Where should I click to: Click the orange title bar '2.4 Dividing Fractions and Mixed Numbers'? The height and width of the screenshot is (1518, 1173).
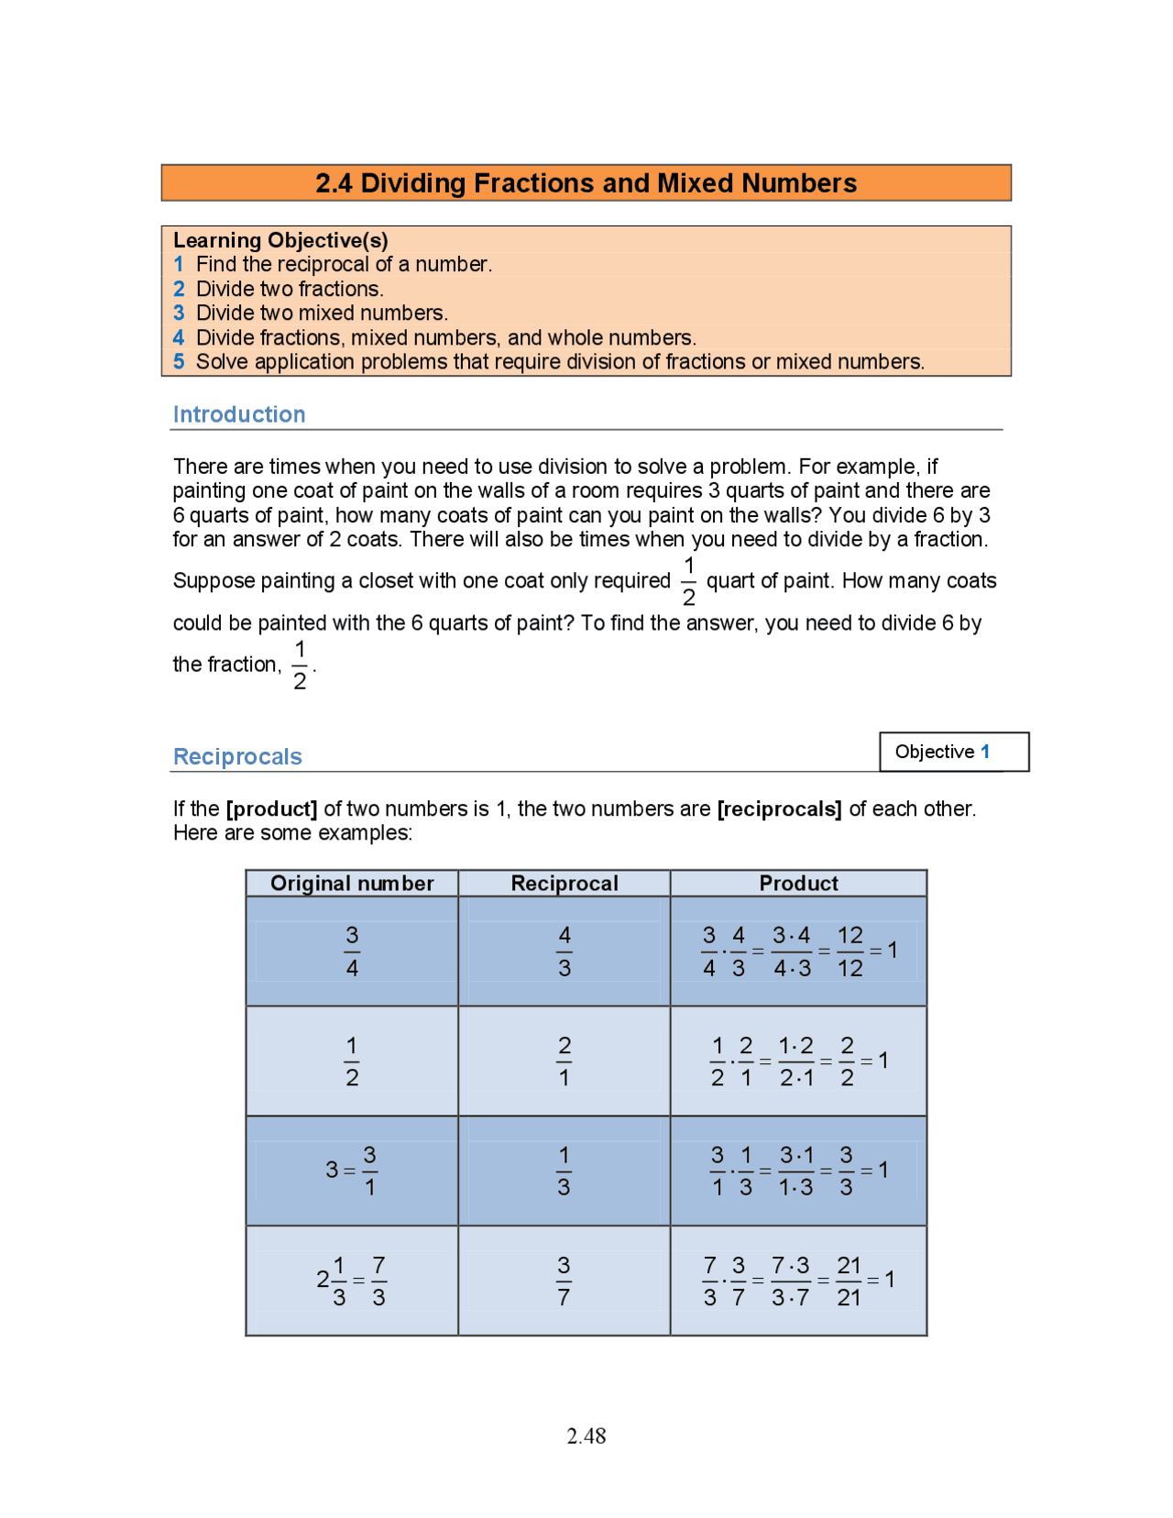586,183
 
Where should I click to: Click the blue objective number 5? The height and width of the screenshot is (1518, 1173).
179,362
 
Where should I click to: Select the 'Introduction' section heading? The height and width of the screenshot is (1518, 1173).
239,414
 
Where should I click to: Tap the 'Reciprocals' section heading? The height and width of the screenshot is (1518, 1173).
237,756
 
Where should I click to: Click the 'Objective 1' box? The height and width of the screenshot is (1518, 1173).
953,752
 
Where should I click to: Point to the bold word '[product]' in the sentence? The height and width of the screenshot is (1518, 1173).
271,808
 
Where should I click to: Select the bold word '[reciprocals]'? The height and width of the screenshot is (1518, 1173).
779,808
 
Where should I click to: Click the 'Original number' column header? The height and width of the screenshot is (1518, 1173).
352,883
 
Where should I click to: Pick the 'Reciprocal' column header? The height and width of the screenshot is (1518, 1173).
565,883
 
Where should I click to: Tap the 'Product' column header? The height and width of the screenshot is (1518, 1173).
798,883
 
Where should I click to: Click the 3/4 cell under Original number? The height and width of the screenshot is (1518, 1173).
352,951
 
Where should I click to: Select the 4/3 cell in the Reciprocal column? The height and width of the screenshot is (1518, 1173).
565,951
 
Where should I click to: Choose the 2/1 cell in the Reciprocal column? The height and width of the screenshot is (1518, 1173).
565,1061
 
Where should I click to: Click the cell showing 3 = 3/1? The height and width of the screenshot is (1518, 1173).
352,1171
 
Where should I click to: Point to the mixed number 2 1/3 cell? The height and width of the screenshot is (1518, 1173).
352,1281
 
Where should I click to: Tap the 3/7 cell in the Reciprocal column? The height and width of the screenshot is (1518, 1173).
565,1281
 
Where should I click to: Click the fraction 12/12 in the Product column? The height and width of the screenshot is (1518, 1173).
850,951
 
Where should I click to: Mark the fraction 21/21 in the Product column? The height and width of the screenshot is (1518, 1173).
849,1281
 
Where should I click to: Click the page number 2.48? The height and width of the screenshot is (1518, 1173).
586,1435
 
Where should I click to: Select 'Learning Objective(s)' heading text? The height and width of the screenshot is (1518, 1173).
280,240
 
